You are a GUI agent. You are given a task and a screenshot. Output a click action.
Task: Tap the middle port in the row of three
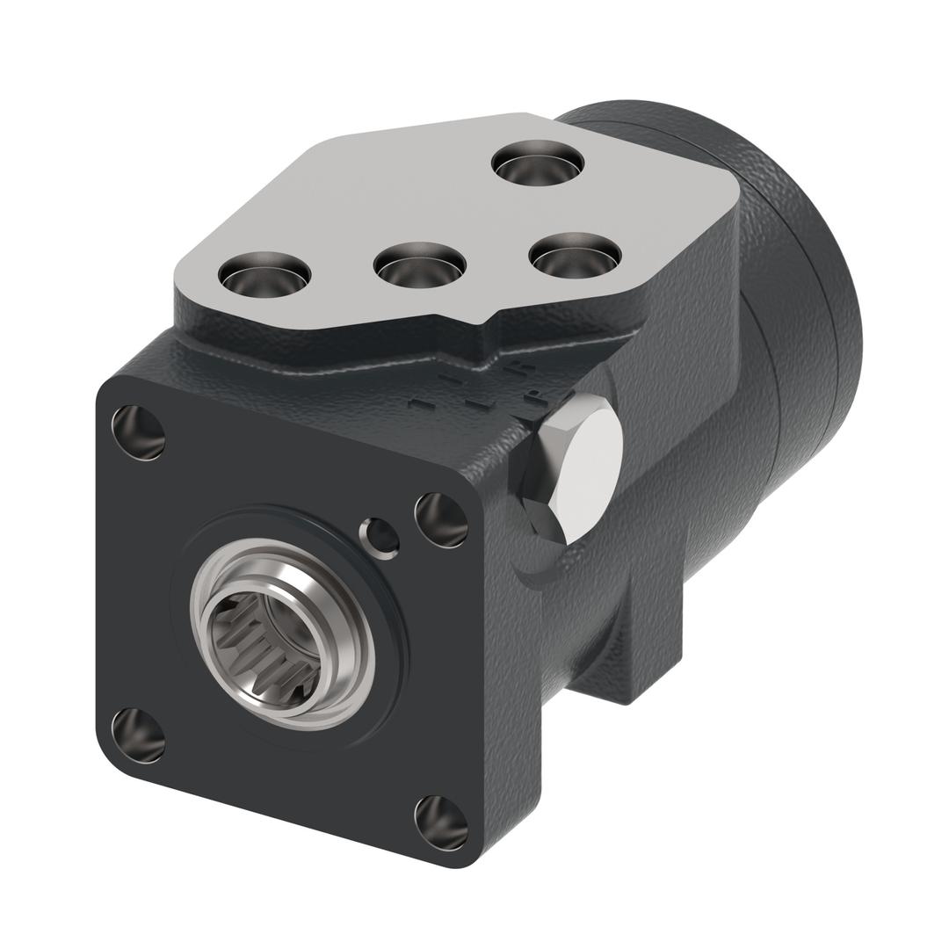click(419, 262)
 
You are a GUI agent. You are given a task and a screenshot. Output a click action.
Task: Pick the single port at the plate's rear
click(538, 162)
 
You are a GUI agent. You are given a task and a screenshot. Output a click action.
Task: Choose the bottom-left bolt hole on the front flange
click(139, 735)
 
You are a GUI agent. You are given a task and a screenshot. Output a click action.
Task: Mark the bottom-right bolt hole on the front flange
click(440, 822)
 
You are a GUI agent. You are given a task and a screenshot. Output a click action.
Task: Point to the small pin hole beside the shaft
click(380, 537)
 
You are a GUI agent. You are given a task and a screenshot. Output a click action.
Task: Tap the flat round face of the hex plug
click(585, 466)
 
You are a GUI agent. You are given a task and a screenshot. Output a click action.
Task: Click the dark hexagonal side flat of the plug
click(538, 518)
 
